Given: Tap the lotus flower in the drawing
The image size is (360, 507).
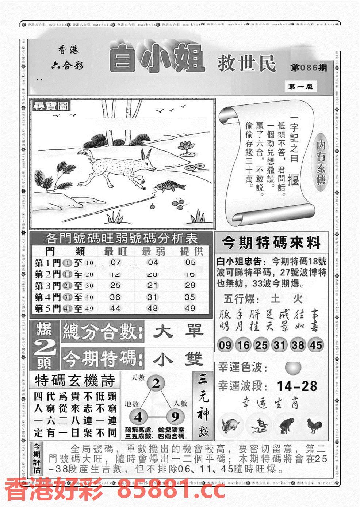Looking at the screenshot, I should (x=186, y=146).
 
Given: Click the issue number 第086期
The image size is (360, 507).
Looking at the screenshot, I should (x=309, y=68).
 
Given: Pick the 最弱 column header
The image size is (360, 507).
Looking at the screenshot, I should (x=153, y=251).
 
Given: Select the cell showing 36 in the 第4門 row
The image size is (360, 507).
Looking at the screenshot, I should (x=115, y=297).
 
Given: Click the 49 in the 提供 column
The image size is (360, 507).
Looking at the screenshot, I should (x=190, y=308).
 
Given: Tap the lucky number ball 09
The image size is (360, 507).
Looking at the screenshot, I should (x=226, y=344).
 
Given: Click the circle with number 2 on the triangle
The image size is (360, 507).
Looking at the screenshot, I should (x=156, y=383).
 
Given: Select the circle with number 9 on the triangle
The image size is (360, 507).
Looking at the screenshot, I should (x=175, y=416).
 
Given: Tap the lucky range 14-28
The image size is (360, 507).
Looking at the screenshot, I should (x=297, y=386).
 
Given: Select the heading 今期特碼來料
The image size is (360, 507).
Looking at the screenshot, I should (x=271, y=243).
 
